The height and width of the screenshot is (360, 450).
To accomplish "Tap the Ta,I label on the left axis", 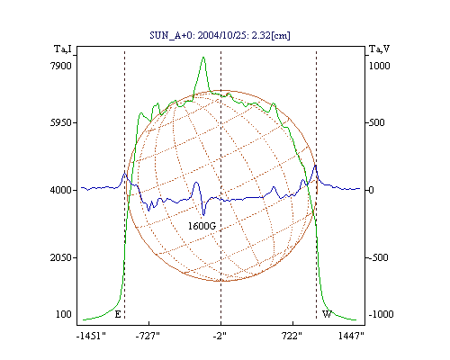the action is (63, 49).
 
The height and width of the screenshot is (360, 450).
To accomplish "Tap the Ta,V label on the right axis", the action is (379, 49).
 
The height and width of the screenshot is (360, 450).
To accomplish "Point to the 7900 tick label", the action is (61, 66).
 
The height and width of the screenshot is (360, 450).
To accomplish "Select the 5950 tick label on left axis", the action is (61, 122).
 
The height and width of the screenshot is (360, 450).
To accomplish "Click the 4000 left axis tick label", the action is (61, 190).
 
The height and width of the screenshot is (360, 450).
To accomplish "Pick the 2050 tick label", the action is (61, 257).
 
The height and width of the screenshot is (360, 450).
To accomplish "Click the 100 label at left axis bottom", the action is (64, 314).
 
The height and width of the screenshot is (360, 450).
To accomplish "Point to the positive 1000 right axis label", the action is (379, 66).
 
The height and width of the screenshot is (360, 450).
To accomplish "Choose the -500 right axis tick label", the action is (378, 257).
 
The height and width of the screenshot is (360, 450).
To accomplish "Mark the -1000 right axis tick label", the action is (381, 314).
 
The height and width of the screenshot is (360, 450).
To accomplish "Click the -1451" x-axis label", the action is (91, 336).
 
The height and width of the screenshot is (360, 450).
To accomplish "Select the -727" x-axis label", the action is (148, 336).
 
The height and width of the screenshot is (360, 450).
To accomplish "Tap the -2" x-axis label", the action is (220, 336).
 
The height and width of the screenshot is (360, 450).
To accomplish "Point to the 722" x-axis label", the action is (292, 336).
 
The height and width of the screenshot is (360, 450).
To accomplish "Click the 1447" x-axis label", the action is (351, 336).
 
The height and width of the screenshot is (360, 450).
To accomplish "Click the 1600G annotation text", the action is (202, 226).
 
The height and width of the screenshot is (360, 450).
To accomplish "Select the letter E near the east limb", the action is (118, 314).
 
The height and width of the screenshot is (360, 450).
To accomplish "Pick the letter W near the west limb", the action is (327, 314).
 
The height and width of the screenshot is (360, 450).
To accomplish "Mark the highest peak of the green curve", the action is (203, 57).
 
